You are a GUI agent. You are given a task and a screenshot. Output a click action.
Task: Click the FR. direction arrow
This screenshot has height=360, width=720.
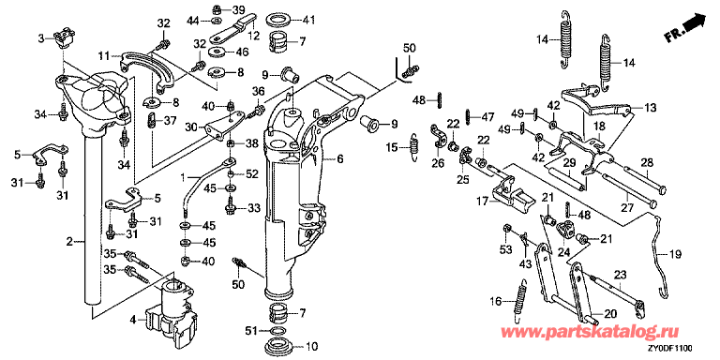pos(685,28)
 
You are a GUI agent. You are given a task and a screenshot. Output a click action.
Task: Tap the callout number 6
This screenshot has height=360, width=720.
pos(339,159)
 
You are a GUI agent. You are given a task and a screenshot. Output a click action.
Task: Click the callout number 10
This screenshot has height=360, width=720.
pos(312,346)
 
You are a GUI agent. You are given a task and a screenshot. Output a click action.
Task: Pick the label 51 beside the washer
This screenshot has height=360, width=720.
pos(250,330)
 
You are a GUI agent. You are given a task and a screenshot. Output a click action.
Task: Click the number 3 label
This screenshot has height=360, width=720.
pos(42,38)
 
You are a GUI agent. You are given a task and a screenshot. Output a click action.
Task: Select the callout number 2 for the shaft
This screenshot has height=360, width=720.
pos(68,241)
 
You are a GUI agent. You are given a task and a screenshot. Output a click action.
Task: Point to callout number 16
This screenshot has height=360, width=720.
pos(495,301)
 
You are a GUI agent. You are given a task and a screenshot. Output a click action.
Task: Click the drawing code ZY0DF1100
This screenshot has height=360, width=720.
pos(671,349)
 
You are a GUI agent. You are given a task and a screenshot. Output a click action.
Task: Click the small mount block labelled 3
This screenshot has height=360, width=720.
pos(63,37)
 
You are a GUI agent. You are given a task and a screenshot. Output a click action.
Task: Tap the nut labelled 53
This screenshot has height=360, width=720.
pos(507,228)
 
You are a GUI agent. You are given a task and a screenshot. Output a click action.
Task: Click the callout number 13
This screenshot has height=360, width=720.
pos(650,108)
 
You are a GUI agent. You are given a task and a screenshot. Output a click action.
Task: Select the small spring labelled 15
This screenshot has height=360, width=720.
pos(414,146)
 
